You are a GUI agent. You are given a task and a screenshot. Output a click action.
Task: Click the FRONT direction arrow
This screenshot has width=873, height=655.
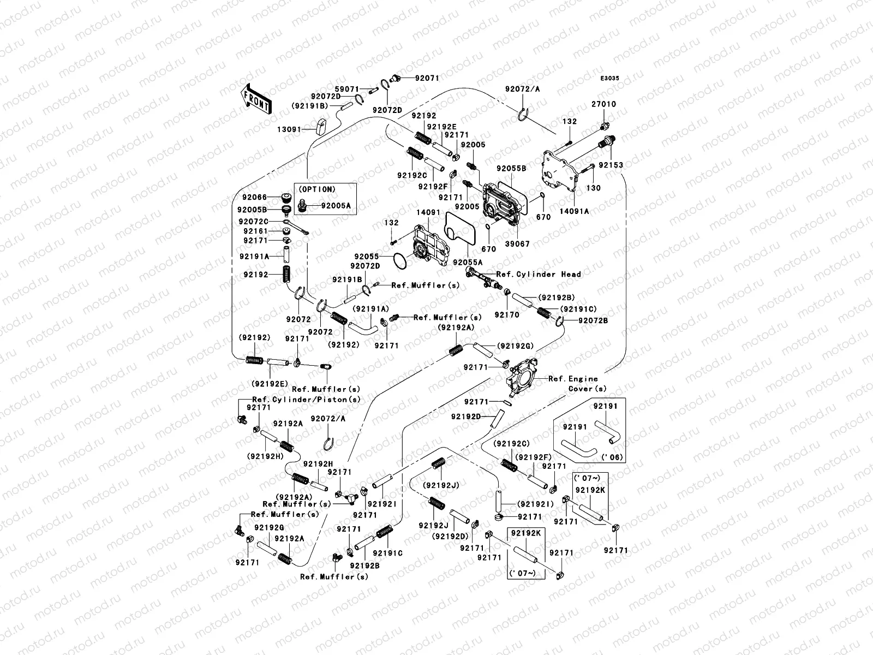(x=256, y=99)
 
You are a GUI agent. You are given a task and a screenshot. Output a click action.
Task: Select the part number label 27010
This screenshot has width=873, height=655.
(x=604, y=104)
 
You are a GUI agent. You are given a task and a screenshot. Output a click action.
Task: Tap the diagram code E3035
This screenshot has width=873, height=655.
(x=609, y=79)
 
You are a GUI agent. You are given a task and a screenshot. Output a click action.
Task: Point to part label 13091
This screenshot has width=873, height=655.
(x=289, y=130)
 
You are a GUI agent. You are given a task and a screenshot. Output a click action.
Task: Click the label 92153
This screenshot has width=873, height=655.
(x=611, y=165)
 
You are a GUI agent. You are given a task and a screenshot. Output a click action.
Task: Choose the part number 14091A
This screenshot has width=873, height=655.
(x=575, y=212)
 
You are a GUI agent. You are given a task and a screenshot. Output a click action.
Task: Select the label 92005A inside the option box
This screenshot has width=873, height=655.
(x=336, y=206)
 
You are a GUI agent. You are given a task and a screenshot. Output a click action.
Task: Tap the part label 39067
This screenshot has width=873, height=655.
(x=517, y=244)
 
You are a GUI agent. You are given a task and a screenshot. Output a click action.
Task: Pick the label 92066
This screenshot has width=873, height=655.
(x=255, y=197)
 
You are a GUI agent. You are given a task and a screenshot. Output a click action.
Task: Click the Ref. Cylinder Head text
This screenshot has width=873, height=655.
(x=539, y=275)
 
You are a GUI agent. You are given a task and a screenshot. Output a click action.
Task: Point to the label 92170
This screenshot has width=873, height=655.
(x=507, y=315)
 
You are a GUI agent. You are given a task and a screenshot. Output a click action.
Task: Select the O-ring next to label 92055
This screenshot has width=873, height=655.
(x=400, y=261)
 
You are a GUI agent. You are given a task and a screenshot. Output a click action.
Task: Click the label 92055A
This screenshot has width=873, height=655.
(x=468, y=263)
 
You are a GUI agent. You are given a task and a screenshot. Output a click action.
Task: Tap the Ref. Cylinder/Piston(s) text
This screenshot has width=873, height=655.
(x=307, y=400)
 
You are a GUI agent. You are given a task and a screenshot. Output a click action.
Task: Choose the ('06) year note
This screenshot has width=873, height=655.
(x=612, y=457)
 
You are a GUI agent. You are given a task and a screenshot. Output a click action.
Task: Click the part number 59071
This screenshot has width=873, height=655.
(x=347, y=90)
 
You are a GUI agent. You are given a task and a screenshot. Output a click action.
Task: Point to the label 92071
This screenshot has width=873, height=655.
(x=427, y=79)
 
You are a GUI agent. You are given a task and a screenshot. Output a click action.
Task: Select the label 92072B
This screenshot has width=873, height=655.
(x=593, y=320)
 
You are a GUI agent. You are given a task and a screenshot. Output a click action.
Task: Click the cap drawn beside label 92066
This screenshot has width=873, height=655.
(x=285, y=197)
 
